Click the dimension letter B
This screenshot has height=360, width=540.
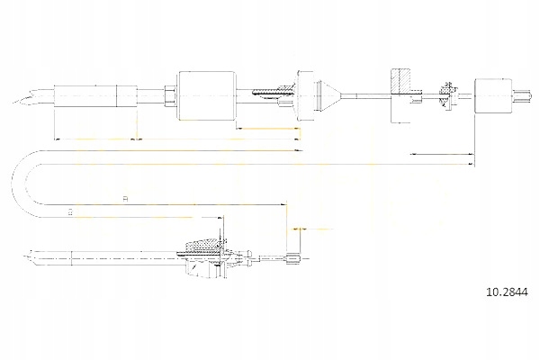(70, 211)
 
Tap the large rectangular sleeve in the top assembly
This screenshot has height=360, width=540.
(206, 90)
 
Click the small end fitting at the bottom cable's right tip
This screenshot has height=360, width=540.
(291, 261)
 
